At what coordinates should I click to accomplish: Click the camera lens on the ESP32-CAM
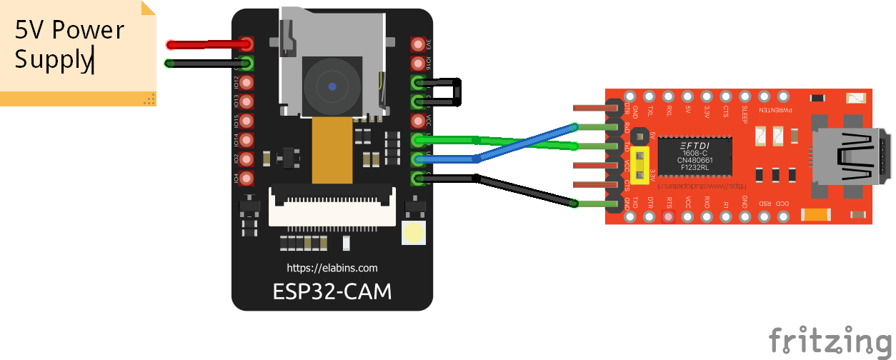(332, 86)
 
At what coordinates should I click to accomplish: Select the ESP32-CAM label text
(332, 292)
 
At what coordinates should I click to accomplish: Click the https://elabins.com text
(332, 268)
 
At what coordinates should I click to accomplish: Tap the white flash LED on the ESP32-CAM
(414, 234)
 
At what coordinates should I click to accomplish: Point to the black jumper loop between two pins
(458, 92)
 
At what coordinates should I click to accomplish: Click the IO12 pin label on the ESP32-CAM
(237, 83)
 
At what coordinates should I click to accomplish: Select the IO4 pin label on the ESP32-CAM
(237, 177)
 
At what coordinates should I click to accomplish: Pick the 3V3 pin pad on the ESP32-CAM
(418, 44)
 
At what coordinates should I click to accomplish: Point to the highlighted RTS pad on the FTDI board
(669, 217)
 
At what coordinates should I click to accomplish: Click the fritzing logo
(831, 340)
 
